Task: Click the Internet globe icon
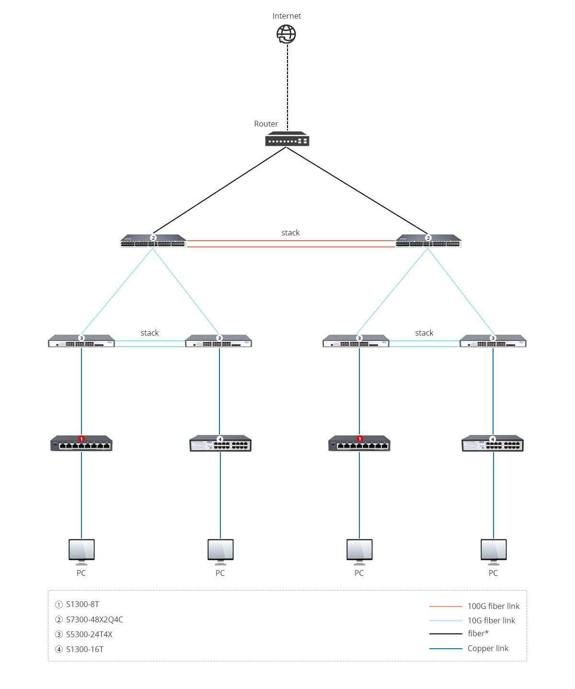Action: coord(287,34)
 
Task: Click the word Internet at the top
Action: coord(287,16)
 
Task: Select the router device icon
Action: coord(287,139)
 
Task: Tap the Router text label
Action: coord(266,124)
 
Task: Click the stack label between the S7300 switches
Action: coord(290,233)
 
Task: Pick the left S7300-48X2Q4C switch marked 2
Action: coord(153,241)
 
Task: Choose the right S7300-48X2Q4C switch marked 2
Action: coord(428,241)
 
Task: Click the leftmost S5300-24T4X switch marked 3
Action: coord(81,341)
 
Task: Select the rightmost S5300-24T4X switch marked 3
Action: coord(493,341)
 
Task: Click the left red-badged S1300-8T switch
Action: coord(81,444)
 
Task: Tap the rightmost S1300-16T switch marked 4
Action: coord(493,444)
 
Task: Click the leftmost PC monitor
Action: coord(81,551)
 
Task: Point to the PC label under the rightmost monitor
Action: coord(493,573)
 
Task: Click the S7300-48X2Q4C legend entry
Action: coord(94,619)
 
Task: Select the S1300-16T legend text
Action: coord(85,649)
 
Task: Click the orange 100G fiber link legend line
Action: coord(446,607)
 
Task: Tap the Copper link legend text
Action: coord(488,648)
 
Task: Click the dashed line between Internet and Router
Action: coord(287,86)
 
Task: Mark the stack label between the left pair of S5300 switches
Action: coord(149,333)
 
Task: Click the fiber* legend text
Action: coord(478,633)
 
